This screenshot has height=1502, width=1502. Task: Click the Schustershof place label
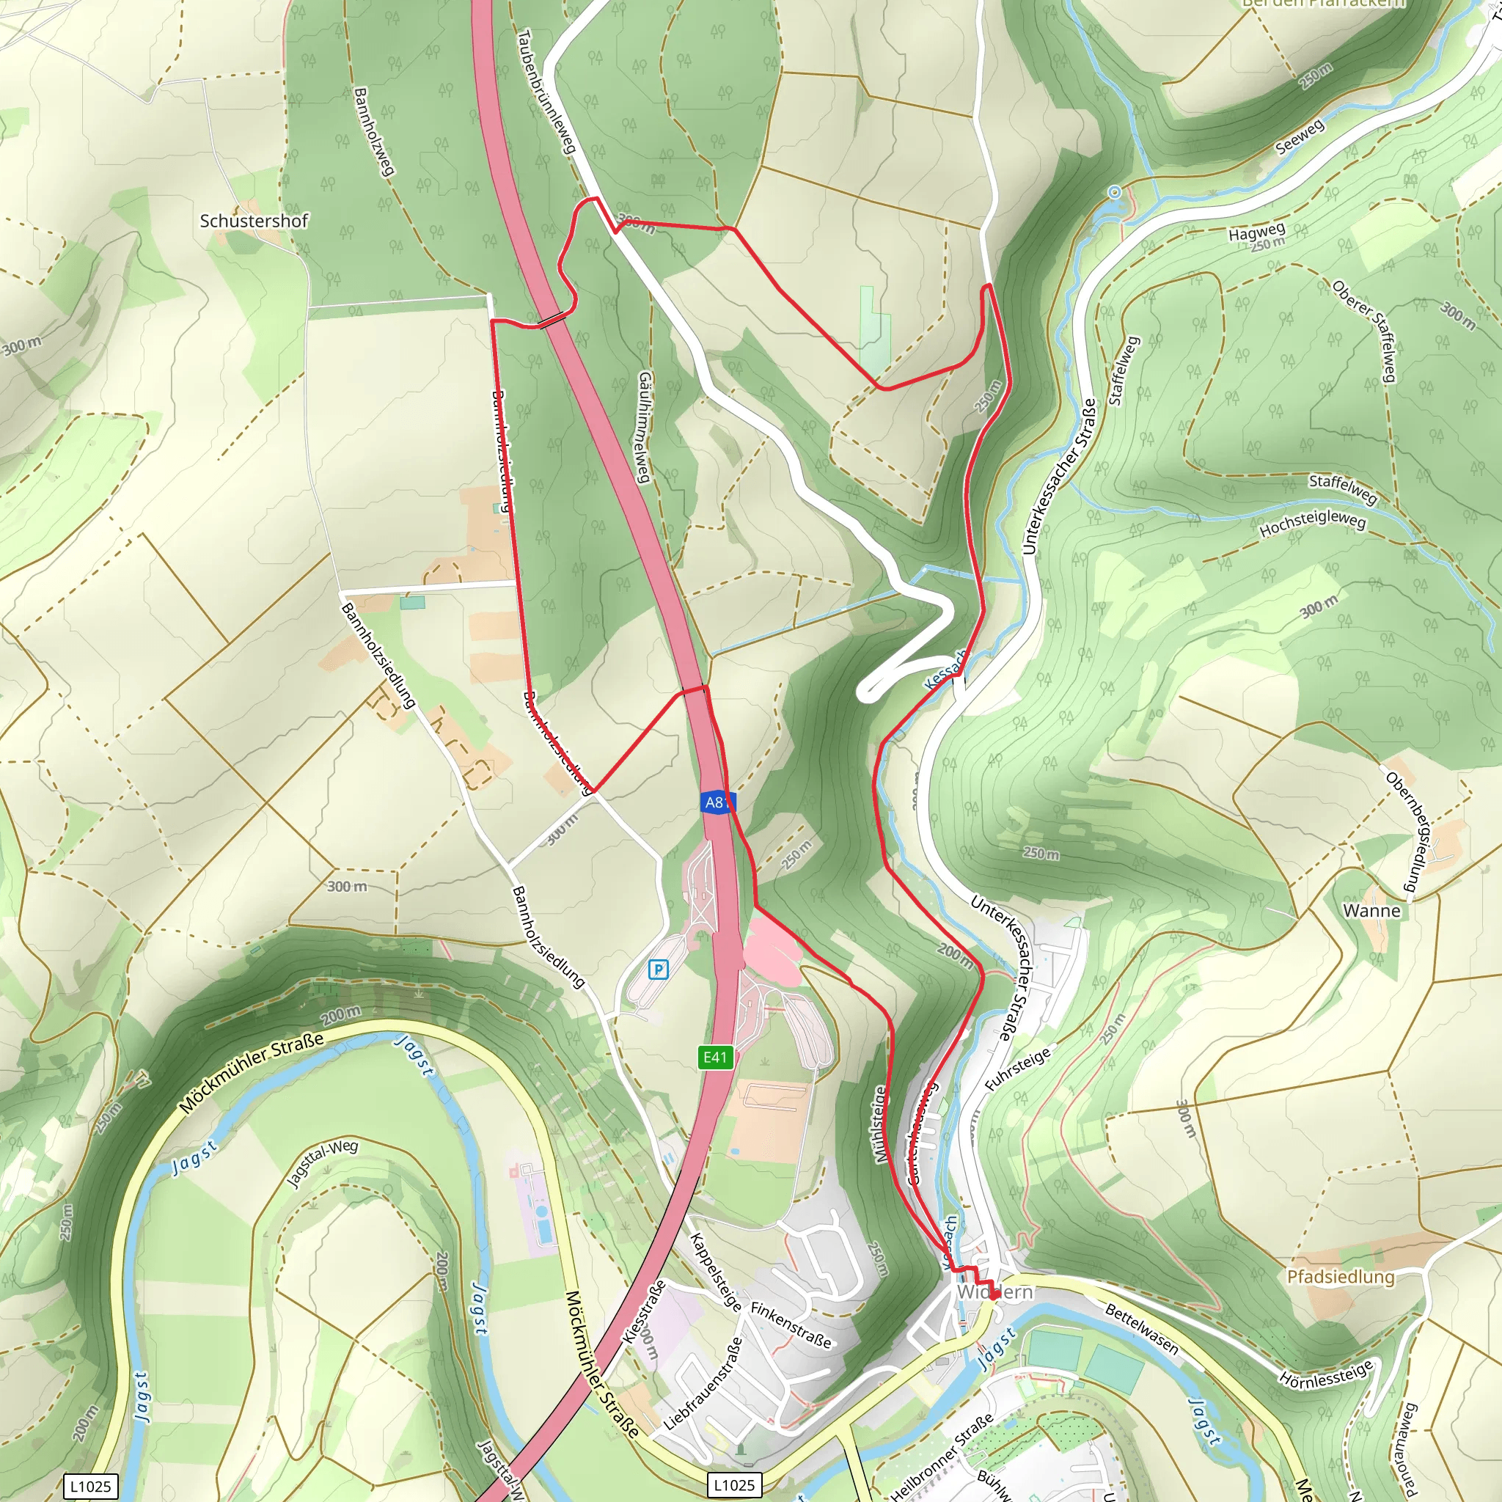click(254, 221)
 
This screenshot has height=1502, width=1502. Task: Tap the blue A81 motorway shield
click(716, 802)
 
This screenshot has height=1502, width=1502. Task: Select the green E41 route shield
click(714, 1057)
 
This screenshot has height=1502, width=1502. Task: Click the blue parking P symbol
click(659, 970)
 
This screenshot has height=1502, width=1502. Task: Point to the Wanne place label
click(1371, 910)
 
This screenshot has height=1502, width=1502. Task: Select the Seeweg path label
click(1299, 138)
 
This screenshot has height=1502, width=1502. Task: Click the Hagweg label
click(1256, 232)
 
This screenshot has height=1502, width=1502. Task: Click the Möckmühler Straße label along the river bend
click(250, 1073)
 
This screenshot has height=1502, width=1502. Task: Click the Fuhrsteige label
click(1018, 1068)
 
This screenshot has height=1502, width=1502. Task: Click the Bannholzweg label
click(374, 131)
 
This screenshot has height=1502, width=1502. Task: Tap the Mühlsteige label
click(880, 1124)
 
